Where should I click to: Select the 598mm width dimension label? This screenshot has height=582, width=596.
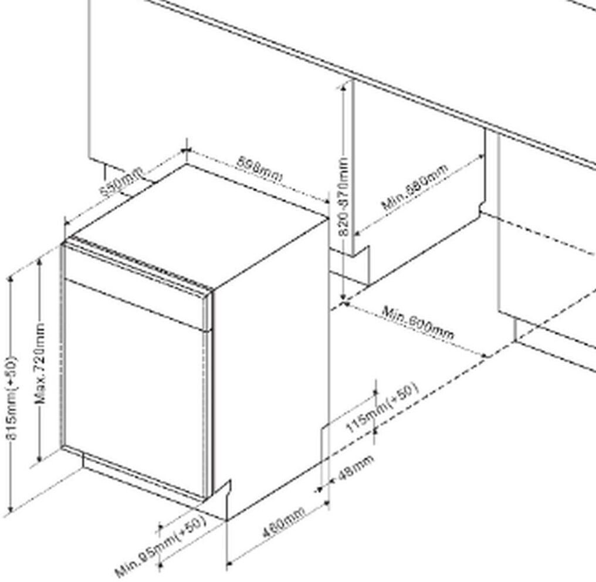point(259,169)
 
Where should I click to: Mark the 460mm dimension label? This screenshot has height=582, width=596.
point(283,523)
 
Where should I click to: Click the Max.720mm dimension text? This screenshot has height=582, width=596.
point(40,364)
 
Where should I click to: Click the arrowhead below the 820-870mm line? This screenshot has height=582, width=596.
point(342,299)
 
